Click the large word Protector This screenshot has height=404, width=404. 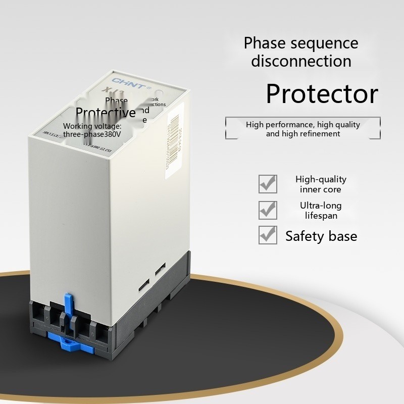coord(322,93)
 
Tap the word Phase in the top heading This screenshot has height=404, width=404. coord(264,43)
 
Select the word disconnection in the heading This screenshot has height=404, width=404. coord(301,61)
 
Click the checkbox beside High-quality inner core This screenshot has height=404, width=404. coord(268,184)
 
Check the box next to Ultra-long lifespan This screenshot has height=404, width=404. coord(268,210)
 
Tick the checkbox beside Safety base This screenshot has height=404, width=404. coord(268,235)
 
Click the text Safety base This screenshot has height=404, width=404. coord(321,236)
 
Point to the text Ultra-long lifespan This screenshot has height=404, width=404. coord(321,211)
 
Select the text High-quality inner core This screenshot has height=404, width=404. coord(321,184)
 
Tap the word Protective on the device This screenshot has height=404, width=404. coord(106,112)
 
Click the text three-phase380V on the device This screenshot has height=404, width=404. coord(92,134)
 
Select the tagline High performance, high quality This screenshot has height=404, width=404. coord(303,124)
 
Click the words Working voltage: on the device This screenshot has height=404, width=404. coord(92,126)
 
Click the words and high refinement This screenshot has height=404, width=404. coord(303,134)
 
